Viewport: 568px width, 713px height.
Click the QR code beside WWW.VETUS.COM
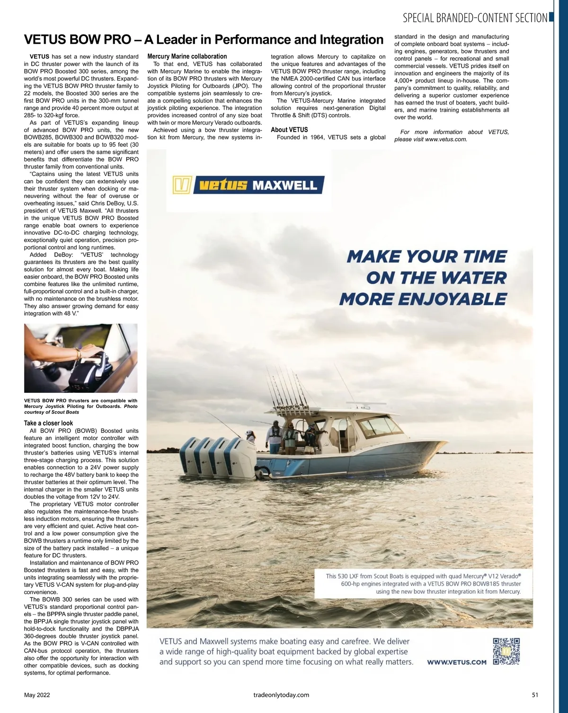(x=506, y=651)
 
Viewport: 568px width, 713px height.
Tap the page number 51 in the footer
(x=535, y=695)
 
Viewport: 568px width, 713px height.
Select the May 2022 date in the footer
(x=37, y=695)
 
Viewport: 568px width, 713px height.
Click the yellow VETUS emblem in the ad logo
(x=182, y=185)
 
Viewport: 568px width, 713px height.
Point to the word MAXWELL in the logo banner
(x=285, y=185)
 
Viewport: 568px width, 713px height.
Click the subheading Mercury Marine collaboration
(x=187, y=56)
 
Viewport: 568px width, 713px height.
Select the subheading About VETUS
(x=289, y=130)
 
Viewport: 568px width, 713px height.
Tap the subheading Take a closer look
(x=48, y=423)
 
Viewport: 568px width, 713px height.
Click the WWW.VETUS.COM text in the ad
(x=457, y=662)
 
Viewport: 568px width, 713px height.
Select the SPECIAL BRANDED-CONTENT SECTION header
(x=475, y=18)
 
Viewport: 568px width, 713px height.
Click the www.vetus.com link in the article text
(x=446, y=140)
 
